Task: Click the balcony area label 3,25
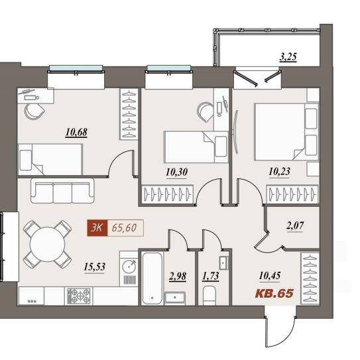(288, 57)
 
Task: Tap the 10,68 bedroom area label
(76, 133)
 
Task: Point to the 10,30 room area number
(177, 172)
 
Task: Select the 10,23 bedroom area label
(279, 172)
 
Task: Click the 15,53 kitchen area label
(95, 267)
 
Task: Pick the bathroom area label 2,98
(178, 276)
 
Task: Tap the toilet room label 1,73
(211, 276)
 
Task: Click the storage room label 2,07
(295, 225)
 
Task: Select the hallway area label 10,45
(270, 276)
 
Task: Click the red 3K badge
(97, 228)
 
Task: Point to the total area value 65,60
(124, 228)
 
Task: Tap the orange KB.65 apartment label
(274, 293)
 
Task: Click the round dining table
(48, 244)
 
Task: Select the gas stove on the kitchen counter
(79, 296)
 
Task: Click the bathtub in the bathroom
(152, 278)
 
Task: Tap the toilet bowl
(210, 296)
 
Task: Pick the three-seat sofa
(62, 191)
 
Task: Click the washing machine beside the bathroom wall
(129, 269)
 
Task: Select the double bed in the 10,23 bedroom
(286, 132)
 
